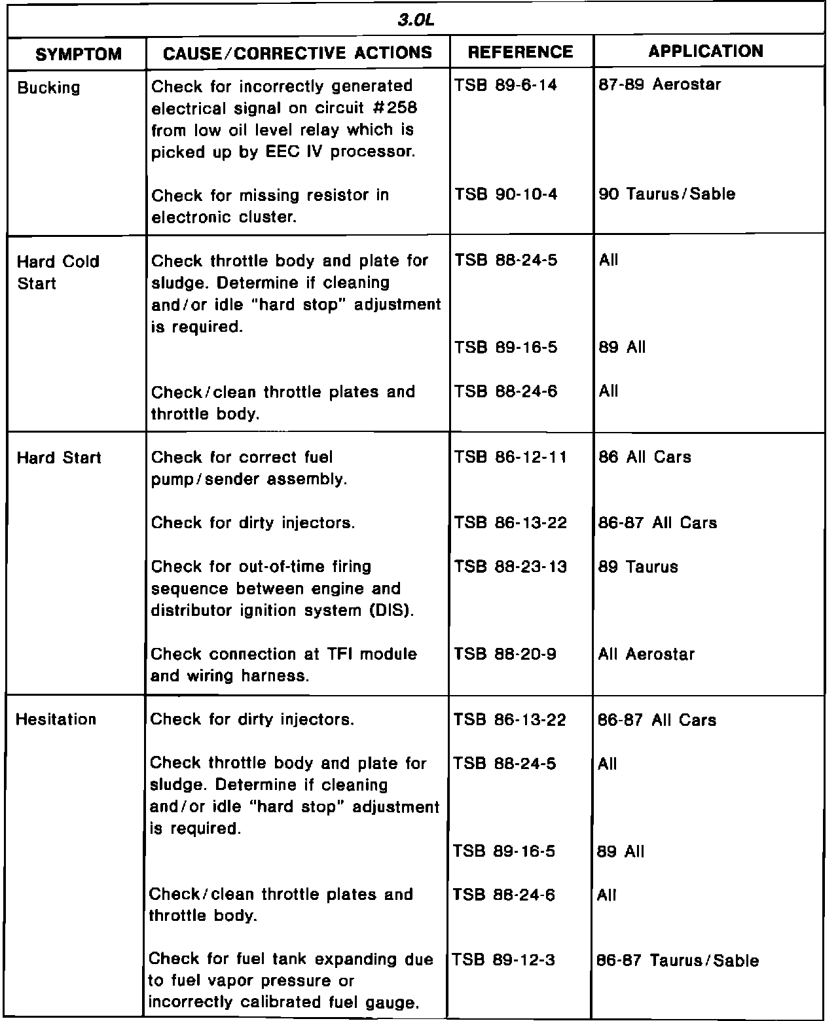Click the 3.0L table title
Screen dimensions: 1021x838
coord(416,20)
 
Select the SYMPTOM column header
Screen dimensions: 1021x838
coord(79,54)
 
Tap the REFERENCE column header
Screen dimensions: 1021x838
coord(520,52)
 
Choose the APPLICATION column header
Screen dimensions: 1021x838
coord(706,52)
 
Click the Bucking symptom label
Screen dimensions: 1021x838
coord(48,88)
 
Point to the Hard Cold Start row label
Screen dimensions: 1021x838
coord(58,272)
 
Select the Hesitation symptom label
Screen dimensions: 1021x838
coord(56,719)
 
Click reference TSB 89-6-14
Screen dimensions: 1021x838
coord(506,85)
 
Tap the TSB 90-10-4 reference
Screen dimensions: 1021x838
coord(506,194)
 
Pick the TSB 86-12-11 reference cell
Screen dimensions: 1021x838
coord(511,457)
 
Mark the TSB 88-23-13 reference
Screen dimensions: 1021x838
coord(511,567)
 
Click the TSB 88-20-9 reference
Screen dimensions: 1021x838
coord(505,654)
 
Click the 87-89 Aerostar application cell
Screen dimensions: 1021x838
coord(659,85)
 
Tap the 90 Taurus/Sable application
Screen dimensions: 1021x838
coord(666,194)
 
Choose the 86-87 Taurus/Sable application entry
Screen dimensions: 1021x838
coord(678,961)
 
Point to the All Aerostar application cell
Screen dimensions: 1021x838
coord(646,654)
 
